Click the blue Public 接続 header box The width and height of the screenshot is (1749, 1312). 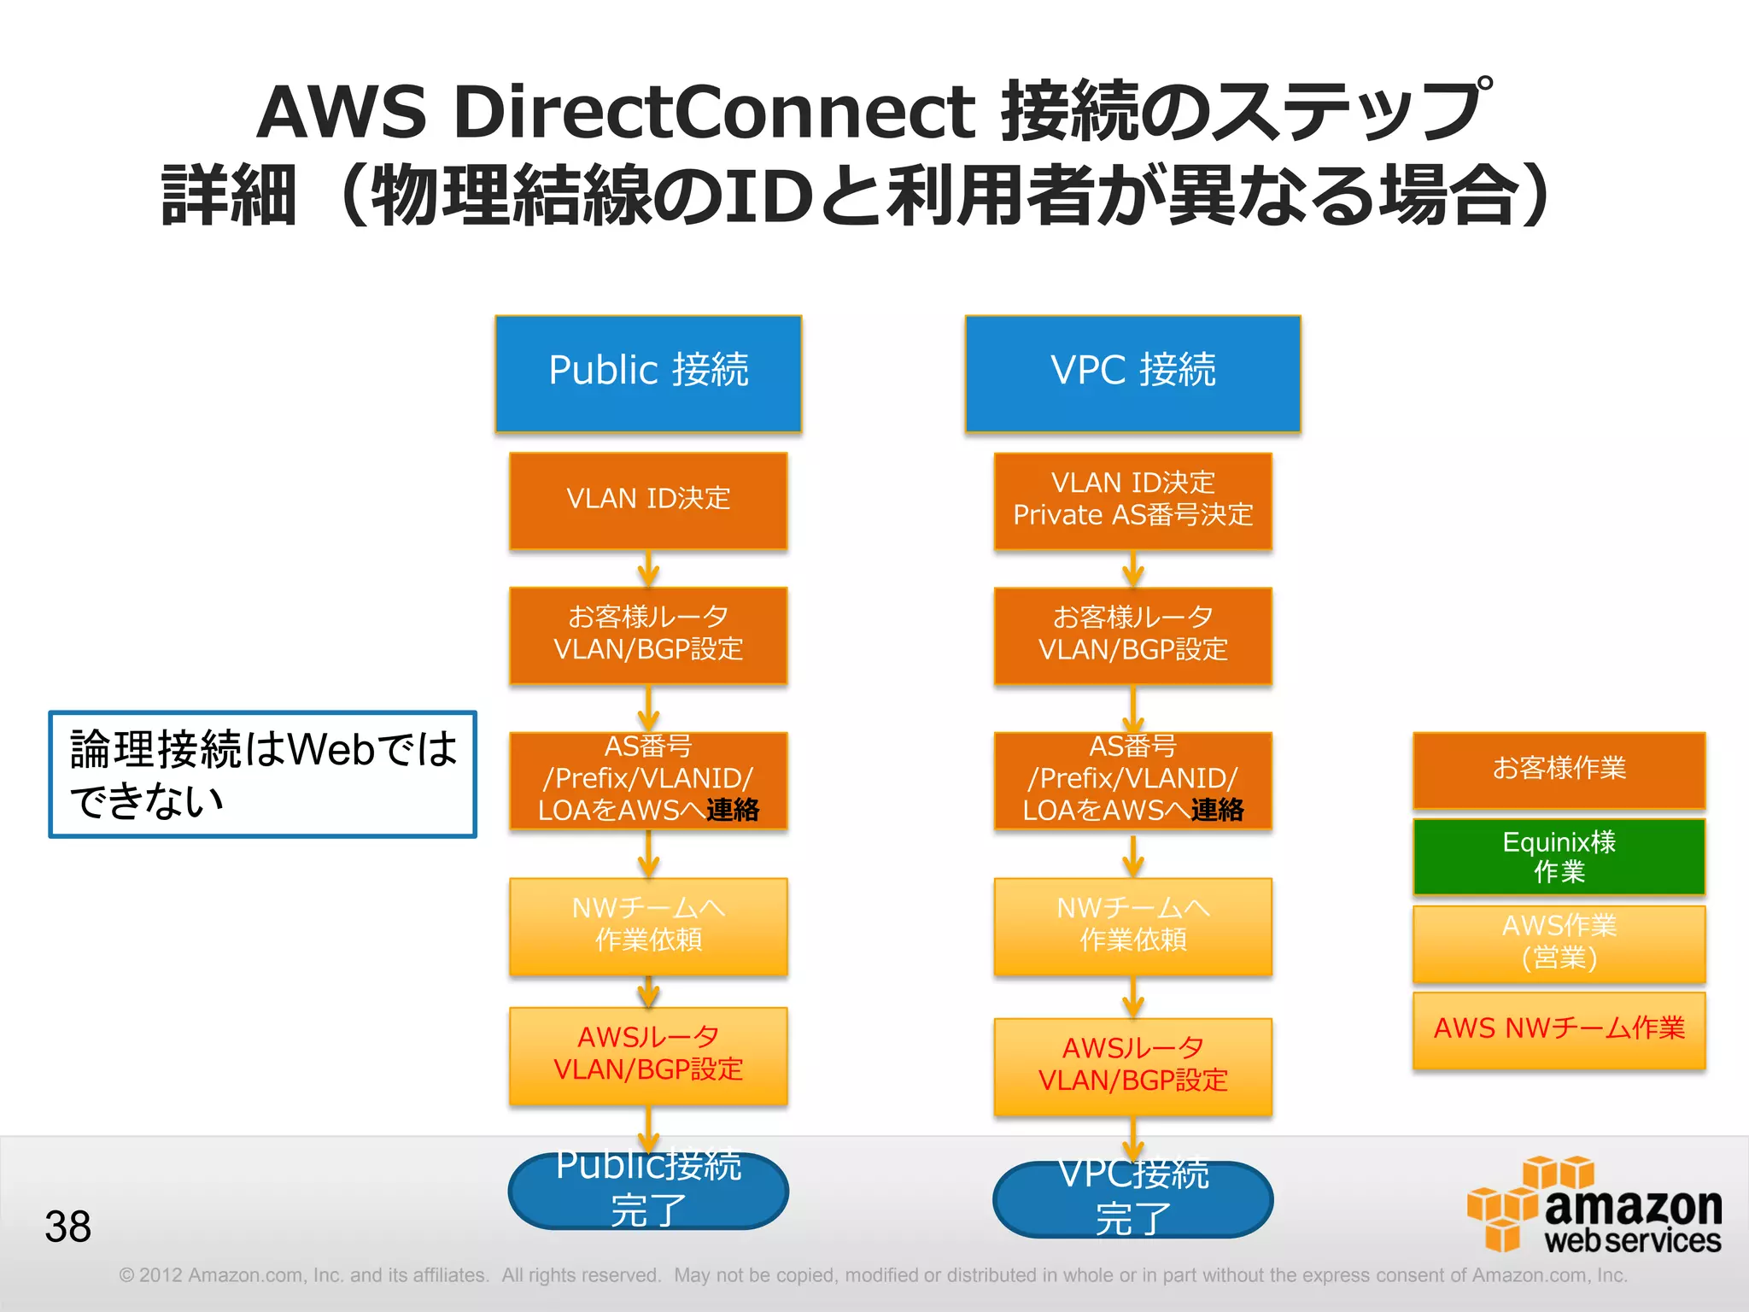[648, 373]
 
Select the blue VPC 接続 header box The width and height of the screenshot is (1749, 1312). [1132, 373]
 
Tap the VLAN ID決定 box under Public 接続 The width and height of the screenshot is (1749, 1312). [648, 501]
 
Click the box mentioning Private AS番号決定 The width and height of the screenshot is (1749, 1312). [1132, 501]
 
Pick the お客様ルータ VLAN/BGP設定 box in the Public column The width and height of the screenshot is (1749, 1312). [648, 635]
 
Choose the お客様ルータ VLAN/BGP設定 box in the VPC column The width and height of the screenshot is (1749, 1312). [1132, 635]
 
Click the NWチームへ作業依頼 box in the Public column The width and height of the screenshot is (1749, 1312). [648, 926]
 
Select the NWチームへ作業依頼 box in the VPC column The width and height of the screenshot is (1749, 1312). [1132, 926]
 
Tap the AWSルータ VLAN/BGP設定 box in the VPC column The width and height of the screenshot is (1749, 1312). [1132, 1066]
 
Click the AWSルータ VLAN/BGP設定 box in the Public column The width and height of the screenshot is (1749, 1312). [648, 1055]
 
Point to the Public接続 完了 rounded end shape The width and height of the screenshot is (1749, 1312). [648, 1192]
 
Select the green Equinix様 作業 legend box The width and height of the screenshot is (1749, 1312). [1559, 857]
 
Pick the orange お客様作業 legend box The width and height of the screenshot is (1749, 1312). [1559, 769]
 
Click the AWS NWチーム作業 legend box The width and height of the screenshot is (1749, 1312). [1559, 1029]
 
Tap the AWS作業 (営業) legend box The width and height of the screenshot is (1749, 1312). [1559, 943]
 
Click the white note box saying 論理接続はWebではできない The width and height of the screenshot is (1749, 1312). [262, 774]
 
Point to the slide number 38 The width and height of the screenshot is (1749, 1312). [68, 1227]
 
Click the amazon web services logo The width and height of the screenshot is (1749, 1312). [1594, 1205]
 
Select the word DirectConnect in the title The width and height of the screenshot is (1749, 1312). [714, 112]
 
